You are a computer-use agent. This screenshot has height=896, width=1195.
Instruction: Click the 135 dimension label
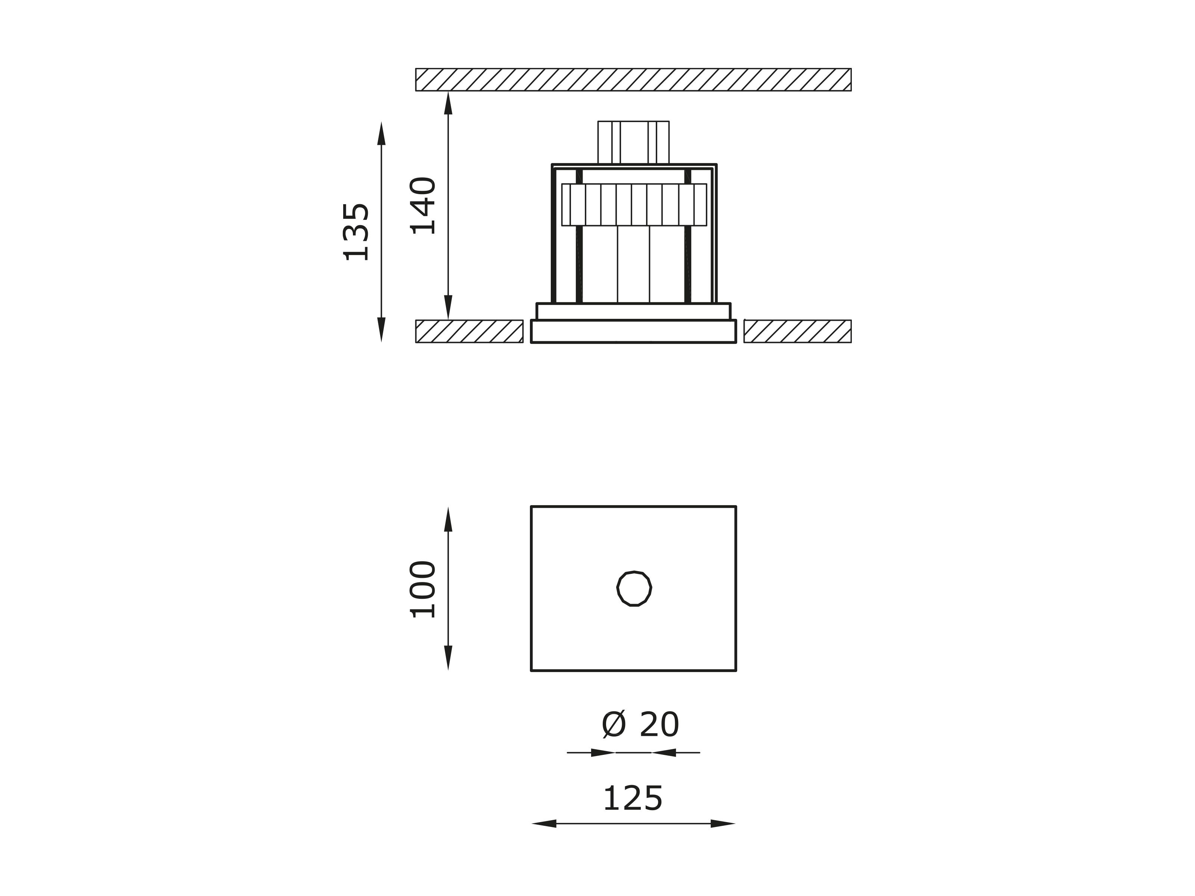(357, 232)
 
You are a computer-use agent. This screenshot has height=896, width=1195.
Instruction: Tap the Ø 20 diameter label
(640, 725)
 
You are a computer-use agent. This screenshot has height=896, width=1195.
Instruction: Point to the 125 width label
(633, 799)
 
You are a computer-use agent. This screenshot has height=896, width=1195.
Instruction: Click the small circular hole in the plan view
(634, 589)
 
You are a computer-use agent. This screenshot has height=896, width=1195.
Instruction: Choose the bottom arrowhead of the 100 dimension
(448, 658)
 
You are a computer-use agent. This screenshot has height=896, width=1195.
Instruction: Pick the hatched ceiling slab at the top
(633, 80)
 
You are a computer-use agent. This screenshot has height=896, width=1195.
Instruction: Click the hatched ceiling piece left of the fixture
(469, 331)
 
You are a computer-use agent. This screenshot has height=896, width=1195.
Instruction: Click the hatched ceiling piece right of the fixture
(797, 331)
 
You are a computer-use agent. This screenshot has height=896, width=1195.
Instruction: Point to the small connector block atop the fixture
(633, 142)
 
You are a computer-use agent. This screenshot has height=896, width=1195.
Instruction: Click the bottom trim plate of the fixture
(633, 331)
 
